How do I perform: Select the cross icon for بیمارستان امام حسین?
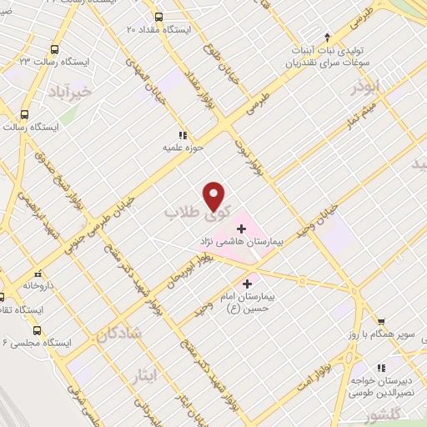248,284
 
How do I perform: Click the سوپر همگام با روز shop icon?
381,322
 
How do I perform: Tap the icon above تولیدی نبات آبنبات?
327,37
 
